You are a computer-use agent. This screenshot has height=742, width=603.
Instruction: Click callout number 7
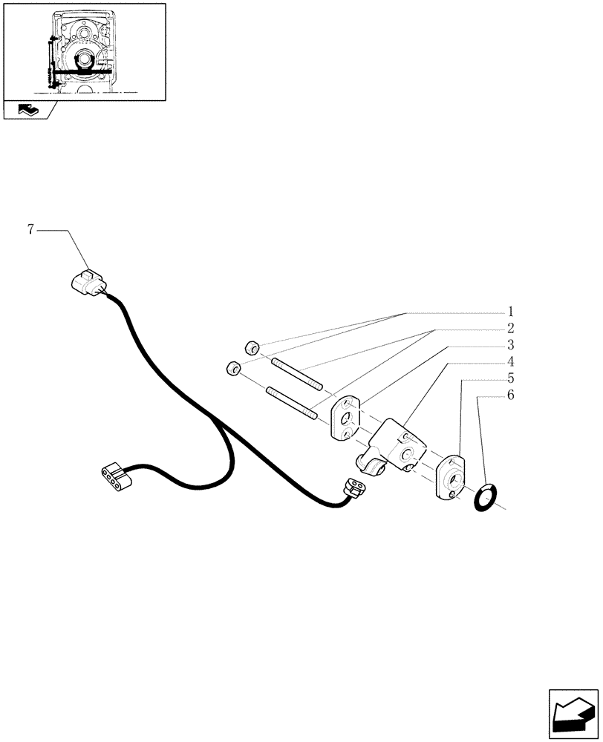30,229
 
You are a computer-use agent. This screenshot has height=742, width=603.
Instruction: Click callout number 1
511,311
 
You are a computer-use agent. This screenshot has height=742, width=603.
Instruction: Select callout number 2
511,328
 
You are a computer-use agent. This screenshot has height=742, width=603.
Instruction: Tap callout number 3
511,345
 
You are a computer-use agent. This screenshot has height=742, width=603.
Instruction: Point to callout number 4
511,362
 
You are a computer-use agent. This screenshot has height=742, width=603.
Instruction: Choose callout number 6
511,395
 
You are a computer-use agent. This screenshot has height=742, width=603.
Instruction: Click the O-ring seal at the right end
486,496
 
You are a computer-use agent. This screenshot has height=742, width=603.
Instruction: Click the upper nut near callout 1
252,347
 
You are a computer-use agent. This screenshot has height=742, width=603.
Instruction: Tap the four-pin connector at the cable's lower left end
117,476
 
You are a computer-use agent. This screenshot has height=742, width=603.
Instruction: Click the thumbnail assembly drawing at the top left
83,51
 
